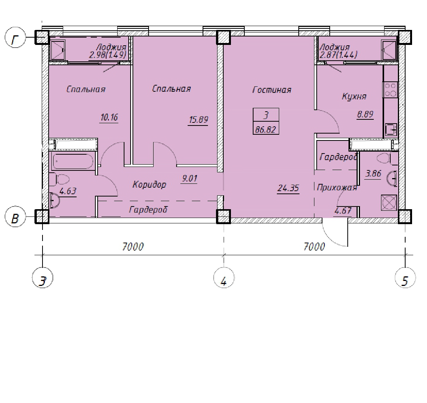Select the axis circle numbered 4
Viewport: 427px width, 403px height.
(224, 278)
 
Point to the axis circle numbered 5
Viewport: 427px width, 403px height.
(405, 278)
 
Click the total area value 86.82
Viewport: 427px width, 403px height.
(265, 130)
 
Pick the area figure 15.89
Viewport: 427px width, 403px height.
(198, 119)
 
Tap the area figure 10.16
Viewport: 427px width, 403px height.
(109, 117)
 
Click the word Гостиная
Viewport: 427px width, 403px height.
(272, 90)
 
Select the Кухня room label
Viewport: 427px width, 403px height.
(354, 96)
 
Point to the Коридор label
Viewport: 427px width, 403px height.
(149, 185)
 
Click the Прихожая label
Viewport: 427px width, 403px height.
(337, 188)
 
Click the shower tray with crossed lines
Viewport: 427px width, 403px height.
(389, 203)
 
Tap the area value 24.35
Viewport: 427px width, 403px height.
(288, 188)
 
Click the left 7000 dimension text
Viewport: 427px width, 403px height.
(133, 247)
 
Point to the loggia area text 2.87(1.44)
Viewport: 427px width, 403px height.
(338, 55)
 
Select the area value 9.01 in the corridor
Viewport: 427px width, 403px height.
(190, 178)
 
